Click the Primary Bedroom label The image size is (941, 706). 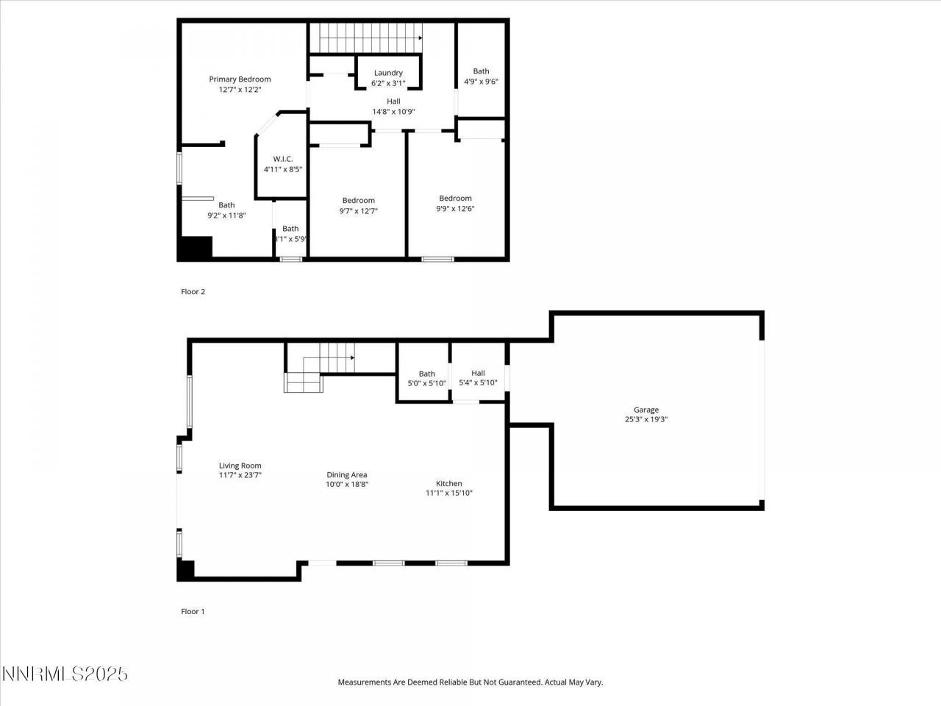(x=240, y=79)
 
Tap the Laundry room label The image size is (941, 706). (x=388, y=73)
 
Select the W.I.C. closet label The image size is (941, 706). (x=283, y=159)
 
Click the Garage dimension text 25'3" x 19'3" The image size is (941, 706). (x=646, y=420)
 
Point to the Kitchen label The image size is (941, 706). (x=448, y=483)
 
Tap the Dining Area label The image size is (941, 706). (x=347, y=475)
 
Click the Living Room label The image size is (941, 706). (x=240, y=466)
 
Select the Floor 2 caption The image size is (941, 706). (x=193, y=292)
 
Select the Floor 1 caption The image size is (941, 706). (x=193, y=611)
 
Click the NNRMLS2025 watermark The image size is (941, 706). (x=65, y=674)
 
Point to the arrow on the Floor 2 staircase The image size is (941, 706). (x=420, y=38)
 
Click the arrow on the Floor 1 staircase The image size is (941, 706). (x=352, y=358)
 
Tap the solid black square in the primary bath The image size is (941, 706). (x=196, y=247)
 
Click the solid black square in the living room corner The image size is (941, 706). (x=186, y=570)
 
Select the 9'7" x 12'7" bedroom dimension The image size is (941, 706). (x=358, y=211)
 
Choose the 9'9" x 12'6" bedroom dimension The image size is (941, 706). (x=455, y=209)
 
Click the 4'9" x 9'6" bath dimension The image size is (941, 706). (x=481, y=82)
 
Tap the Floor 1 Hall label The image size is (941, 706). (x=478, y=373)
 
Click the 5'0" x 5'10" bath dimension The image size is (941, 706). (x=426, y=383)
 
